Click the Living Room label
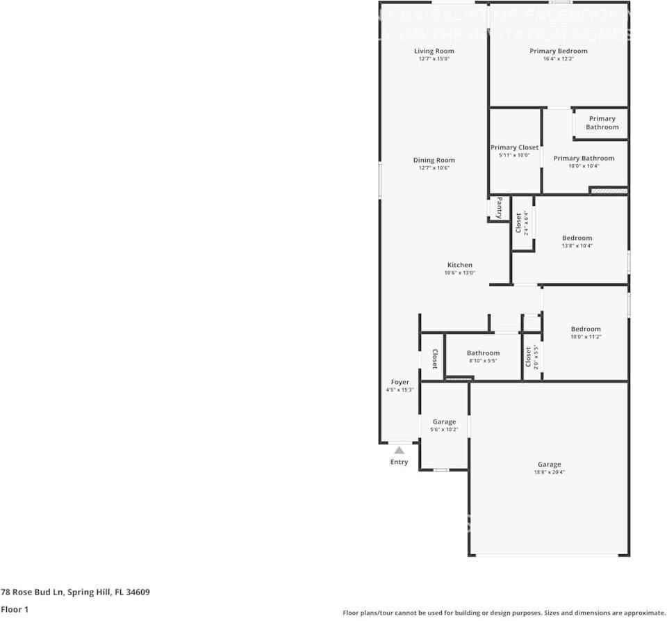434,51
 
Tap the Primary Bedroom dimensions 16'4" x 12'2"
558,59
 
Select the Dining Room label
434,160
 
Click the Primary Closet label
514,147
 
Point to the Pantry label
499,208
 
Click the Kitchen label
459,265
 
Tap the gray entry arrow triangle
399,451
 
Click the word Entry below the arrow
399,462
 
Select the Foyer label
400,382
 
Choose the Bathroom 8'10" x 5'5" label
483,353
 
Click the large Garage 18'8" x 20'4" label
549,465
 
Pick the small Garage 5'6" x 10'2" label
444,421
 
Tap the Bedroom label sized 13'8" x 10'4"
577,238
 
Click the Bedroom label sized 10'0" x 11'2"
586,329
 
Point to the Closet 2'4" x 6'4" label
519,223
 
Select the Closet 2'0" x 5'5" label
529,357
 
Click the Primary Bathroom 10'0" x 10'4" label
584,159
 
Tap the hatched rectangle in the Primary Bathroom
608,190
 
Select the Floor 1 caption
15,609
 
